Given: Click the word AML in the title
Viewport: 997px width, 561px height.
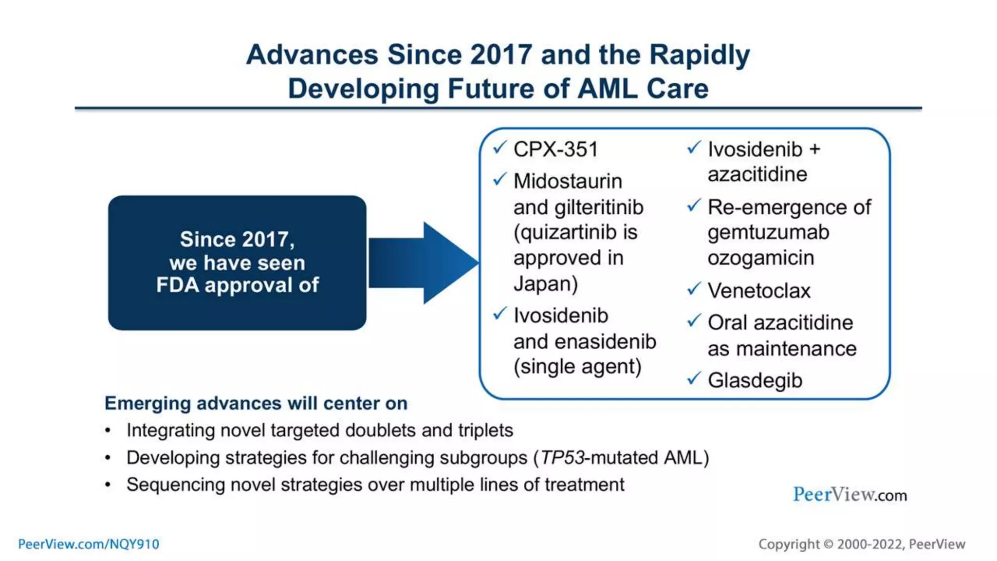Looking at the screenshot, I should [x=607, y=89].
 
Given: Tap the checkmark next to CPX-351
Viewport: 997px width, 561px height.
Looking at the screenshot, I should [x=499, y=148].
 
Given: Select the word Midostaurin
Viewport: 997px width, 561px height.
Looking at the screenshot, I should [x=568, y=181].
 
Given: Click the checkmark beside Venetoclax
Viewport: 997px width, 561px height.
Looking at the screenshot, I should [x=694, y=289].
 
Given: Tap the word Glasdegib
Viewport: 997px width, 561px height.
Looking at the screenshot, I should [x=755, y=380].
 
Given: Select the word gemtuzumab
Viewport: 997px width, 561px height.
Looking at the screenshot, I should [x=768, y=232].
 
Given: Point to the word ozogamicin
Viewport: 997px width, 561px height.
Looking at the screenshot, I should [x=760, y=258].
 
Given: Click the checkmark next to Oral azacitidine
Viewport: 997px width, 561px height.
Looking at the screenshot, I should [x=694, y=321].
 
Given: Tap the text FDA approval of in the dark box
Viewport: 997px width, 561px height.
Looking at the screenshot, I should [x=237, y=285].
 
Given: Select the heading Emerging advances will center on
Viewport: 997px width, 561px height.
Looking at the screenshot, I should [x=256, y=403].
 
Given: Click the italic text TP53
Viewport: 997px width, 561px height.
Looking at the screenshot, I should [x=562, y=458].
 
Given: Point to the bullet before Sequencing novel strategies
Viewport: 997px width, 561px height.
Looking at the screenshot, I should [x=108, y=485].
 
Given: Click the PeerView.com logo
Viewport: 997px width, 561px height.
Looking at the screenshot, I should [x=849, y=495].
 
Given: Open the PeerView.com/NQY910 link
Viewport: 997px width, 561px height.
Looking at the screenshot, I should [x=89, y=544].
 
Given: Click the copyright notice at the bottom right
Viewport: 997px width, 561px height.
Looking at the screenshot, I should [x=861, y=544].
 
